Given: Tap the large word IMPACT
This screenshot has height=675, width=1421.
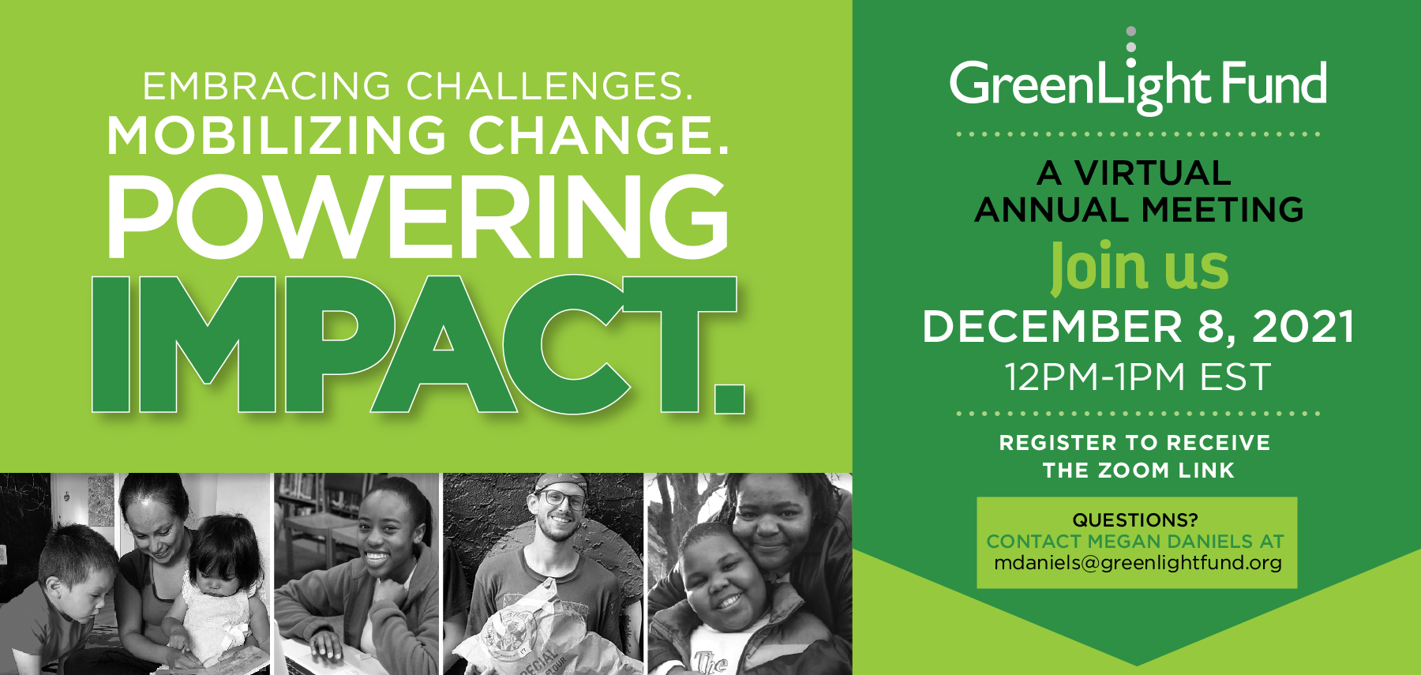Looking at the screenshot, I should click(x=417, y=345).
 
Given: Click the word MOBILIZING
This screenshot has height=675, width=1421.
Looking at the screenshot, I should click(x=276, y=135).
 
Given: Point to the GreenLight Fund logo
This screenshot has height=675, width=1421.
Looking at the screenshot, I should click(x=1138, y=83).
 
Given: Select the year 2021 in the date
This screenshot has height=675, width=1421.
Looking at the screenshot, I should click(x=1303, y=327).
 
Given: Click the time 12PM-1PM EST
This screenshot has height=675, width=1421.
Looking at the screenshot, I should click(x=1138, y=377).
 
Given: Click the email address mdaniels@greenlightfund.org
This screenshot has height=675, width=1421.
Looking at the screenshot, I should click(x=1138, y=563).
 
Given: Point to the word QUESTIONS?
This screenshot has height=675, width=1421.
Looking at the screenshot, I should click(x=1135, y=520).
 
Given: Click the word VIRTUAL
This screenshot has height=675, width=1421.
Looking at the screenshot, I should click(x=1153, y=173).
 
